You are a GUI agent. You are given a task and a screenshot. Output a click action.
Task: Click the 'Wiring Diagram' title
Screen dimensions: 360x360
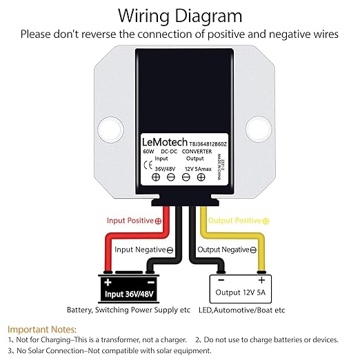[x=180, y=16]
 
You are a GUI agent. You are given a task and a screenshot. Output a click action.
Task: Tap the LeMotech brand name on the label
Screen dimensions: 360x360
[x=165, y=142]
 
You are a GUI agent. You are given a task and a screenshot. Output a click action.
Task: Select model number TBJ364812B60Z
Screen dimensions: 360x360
[x=208, y=144]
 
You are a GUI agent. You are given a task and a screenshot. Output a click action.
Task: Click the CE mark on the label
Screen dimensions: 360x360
[x=148, y=165]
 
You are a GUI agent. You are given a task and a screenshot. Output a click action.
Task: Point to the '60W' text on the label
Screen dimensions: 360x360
[x=148, y=152]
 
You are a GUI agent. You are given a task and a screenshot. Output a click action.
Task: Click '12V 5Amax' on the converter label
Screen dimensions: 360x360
[x=198, y=169]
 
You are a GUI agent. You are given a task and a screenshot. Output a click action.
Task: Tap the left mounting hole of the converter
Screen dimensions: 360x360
[x=110, y=130]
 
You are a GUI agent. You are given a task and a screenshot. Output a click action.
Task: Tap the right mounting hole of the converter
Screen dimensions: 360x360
[x=259, y=130]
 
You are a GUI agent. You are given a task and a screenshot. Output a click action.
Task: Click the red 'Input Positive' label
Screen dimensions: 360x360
[x=134, y=221]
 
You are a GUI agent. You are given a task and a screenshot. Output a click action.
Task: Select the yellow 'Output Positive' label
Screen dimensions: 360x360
[x=239, y=221]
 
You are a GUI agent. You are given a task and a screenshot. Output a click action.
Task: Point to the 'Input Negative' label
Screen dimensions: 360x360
[x=144, y=250]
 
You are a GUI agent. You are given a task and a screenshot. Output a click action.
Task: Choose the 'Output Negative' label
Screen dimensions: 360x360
[x=227, y=250]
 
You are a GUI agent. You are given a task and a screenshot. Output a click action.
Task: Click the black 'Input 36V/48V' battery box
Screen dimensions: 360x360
[x=129, y=289]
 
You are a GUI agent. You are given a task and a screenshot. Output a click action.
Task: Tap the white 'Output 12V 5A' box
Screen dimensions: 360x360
[x=241, y=289]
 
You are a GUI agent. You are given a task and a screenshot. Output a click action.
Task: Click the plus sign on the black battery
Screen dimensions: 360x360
[x=108, y=282]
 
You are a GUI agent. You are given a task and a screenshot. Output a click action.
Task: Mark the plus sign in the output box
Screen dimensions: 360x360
[x=261, y=280]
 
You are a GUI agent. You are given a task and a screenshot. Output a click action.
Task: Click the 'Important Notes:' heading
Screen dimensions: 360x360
[x=42, y=330]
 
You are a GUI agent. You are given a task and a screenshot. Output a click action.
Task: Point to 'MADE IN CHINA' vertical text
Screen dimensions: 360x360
[x=219, y=167]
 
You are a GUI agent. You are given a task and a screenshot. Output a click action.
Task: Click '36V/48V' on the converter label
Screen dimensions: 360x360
[x=165, y=169]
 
